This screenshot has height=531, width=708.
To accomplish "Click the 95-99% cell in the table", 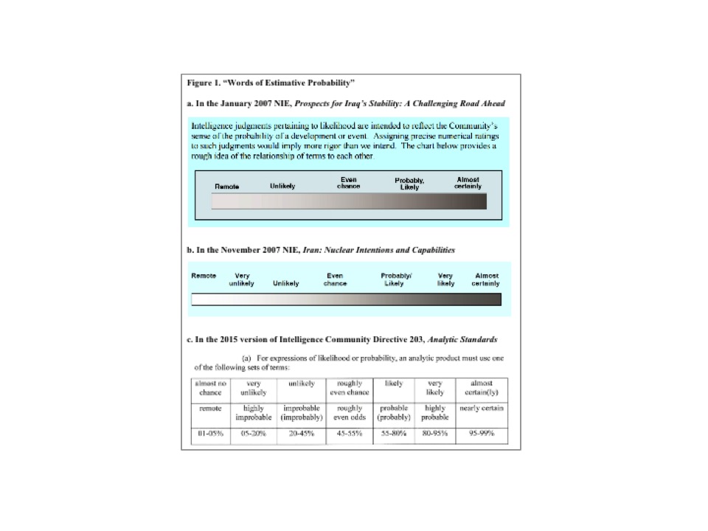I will [480, 434].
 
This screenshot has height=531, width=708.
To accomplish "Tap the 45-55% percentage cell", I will [350, 434].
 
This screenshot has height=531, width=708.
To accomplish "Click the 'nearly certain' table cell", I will [481, 409].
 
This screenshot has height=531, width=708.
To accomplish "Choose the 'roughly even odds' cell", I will [349, 413].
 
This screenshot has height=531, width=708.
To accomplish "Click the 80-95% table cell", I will [435, 434].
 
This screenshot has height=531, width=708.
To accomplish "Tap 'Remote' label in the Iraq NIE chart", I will [227, 186].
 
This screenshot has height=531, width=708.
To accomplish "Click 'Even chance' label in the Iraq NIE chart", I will [348, 183].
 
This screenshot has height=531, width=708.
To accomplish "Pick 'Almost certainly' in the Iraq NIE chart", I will [468, 183].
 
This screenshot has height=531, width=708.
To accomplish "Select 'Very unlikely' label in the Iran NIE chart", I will [241, 280].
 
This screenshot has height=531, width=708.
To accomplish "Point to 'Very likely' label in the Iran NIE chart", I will [445, 280].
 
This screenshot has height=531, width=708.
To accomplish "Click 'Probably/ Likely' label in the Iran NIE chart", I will [396, 280].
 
